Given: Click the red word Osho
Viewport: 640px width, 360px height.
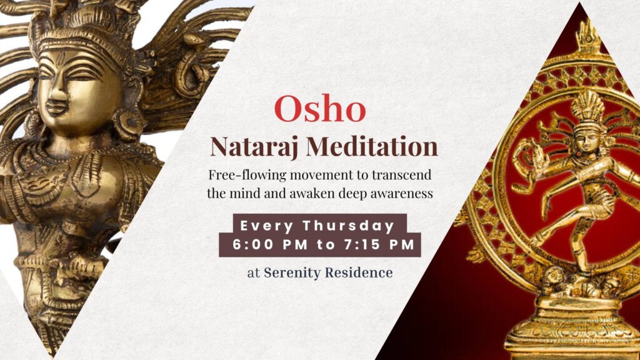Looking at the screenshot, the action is click(x=320, y=109).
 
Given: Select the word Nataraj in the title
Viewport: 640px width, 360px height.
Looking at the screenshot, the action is click(x=255, y=147).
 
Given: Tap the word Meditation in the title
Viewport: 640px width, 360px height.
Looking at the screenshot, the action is click(x=372, y=146).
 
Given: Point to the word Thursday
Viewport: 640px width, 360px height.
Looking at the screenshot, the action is click(x=349, y=226).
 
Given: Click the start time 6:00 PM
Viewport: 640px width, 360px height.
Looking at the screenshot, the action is click(x=270, y=244).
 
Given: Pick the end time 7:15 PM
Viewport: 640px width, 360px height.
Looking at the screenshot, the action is click(x=379, y=244).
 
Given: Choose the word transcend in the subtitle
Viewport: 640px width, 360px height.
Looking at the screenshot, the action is click(x=401, y=175).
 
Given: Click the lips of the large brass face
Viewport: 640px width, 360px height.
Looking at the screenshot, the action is click(x=57, y=109).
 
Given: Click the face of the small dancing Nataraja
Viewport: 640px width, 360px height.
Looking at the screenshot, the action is click(x=587, y=139).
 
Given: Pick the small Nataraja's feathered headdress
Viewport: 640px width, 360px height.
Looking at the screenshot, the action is click(x=587, y=107).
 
